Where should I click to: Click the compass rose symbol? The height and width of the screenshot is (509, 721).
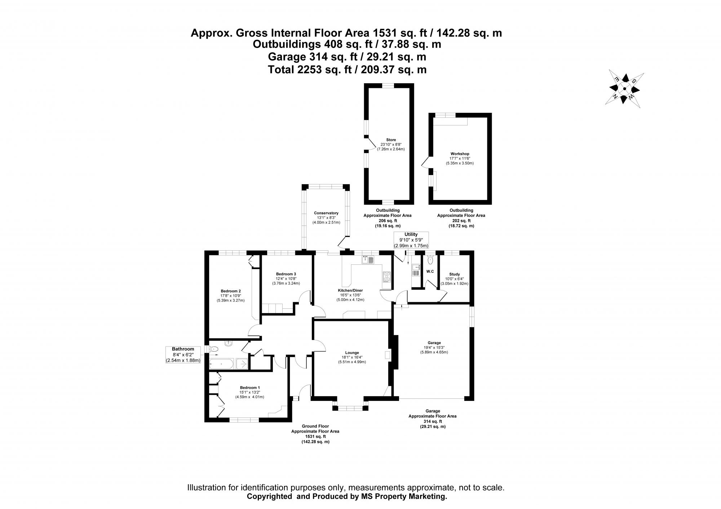pyautogui.click(x=624, y=89)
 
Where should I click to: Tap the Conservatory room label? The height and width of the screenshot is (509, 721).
pyautogui.click(x=326, y=213)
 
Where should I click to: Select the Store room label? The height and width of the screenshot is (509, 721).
pyautogui.click(x=391, y=140)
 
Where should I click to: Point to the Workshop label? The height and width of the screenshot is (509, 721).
pyautogui.click(x=460, y=154)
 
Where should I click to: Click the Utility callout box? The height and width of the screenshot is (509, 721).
pyautogui.click(x=411, y=240)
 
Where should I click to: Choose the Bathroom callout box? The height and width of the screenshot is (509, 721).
pyautogui.click(x=183, y=354)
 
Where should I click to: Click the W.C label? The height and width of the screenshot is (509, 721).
pyautogui.click(x=430, y=271)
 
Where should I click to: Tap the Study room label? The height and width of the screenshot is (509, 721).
pyautogui.click(x=454, y=274)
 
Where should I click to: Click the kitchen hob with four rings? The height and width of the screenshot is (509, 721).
pyautogui.click(x=387, y=277)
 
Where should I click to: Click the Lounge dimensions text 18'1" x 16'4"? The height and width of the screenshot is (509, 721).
pyautogui.click(x=352, y=357)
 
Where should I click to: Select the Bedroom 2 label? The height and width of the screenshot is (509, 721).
pyautogui.click(x=230, y=291)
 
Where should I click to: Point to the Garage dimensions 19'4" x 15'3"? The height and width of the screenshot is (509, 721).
pyautogui.click(x=433, y=348)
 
